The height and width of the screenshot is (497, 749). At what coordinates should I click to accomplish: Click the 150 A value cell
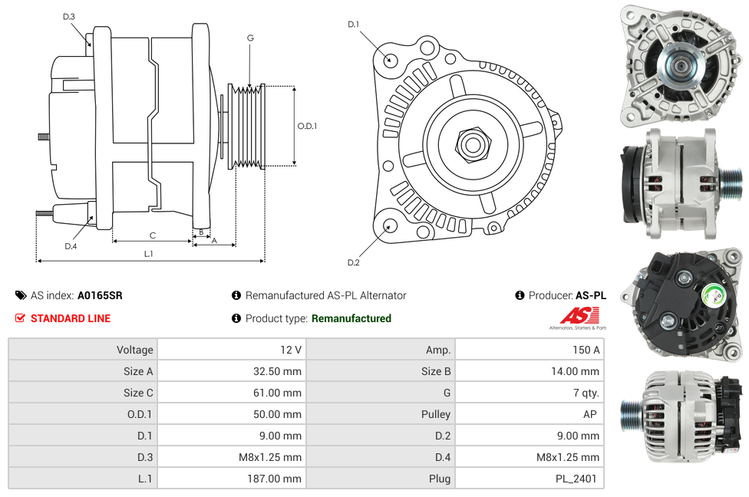point(587,350)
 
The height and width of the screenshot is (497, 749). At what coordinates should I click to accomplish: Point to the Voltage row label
point(134,350)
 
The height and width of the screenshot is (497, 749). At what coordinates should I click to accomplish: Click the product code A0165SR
point(100,295)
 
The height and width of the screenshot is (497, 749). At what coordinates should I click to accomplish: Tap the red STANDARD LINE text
point(71,318)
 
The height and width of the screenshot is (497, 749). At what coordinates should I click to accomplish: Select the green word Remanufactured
point(351,318)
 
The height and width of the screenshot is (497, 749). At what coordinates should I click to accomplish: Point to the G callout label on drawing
point(250,38)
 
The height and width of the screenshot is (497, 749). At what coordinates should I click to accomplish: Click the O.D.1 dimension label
point(307,126)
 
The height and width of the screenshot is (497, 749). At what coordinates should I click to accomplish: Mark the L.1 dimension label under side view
point(149,254)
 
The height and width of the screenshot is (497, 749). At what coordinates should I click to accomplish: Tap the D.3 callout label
point(69,17)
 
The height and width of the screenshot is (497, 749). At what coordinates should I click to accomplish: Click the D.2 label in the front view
point(353,262)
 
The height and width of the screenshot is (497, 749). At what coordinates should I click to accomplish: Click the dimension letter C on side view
point(153,235)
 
